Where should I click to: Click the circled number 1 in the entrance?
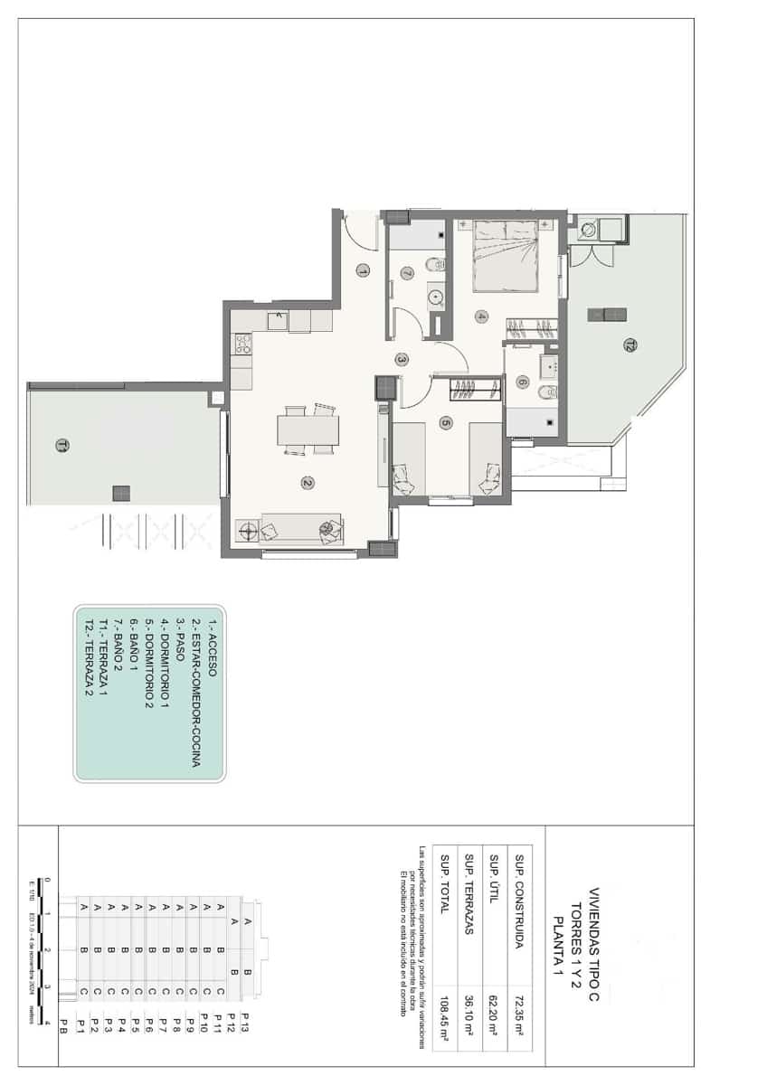pos(363,269)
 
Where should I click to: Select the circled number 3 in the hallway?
pos(402,359)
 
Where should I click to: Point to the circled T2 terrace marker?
pos(629,344)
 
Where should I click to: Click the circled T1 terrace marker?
pos(61,445)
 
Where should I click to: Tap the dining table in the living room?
pos(308,429)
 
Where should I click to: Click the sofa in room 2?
pos(301,529)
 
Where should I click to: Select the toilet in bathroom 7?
pos(434,265)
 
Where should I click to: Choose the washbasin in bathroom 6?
pos(548,365)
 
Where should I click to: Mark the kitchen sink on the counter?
pos(278,320)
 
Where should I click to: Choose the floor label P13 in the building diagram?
pos(244,1028)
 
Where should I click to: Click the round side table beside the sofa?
pos(245,532)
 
